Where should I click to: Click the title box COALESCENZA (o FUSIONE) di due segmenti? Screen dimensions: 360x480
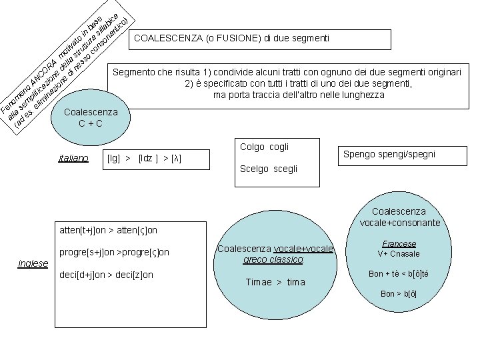click(232, 39)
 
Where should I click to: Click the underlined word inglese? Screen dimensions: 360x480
click(32, 263)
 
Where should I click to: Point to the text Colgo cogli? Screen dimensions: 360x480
click(264, 147)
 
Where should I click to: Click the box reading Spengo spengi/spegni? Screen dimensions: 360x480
click(389, 154)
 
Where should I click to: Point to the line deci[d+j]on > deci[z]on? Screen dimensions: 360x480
click(106, 275)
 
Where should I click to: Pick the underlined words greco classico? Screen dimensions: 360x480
click(274, 259)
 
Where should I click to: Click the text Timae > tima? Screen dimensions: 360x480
click(275, 282)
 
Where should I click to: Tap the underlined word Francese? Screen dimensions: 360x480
click(399, 244)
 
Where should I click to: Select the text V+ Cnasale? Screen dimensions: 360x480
click(399, 254)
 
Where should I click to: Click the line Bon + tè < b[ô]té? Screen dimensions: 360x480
click(399, 274)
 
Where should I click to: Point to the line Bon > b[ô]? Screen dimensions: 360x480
click(399, 294)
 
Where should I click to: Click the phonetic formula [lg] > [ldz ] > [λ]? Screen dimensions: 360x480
click(144, 159)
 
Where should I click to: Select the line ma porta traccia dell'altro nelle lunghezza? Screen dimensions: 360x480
click(299, 95)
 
